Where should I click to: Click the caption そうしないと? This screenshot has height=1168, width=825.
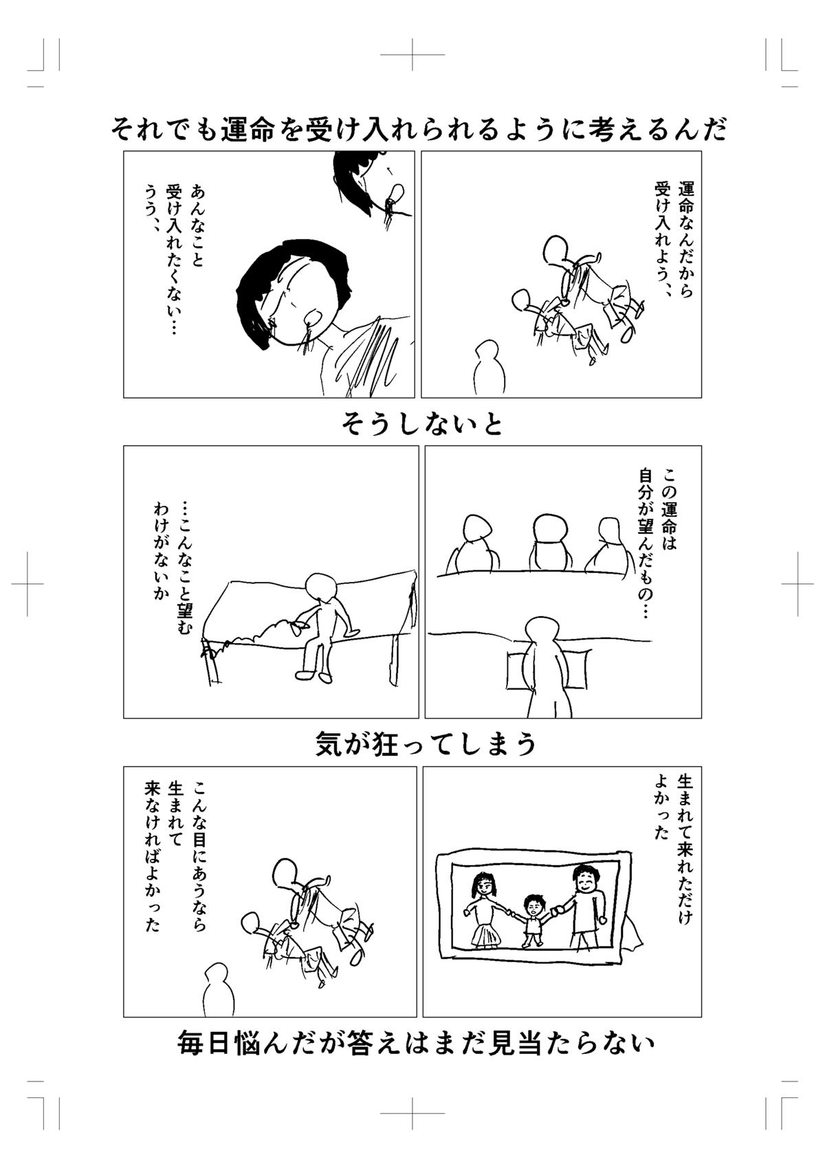click(x=422, y=424)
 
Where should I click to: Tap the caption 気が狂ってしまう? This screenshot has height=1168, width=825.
click(x=426, y=743)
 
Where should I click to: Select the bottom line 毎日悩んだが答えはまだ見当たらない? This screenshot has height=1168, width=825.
click(x=415, y=1044)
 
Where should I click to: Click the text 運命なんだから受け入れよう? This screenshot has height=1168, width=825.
click(x=674, y=237)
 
